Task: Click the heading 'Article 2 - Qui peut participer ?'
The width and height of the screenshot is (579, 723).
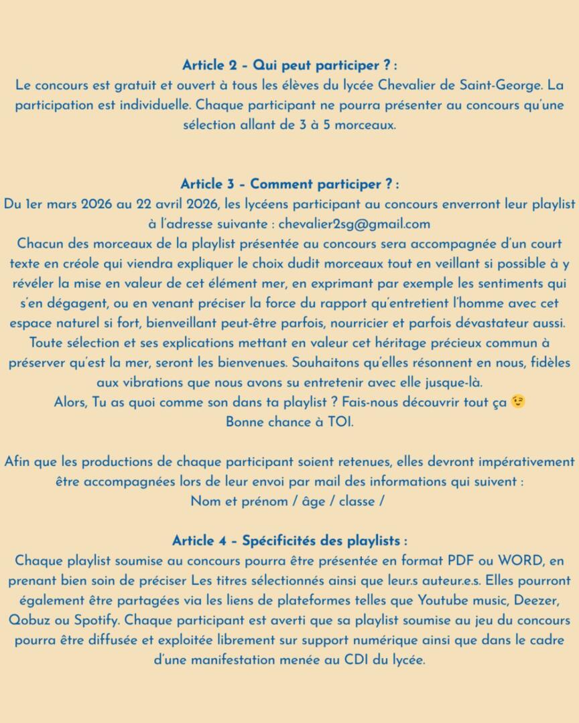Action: point(289,66)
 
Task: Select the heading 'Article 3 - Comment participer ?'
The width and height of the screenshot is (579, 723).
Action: point(289,184)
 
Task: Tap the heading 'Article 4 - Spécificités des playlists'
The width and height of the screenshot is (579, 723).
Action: point(289,540)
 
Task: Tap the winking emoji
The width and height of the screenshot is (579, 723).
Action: point(518,402)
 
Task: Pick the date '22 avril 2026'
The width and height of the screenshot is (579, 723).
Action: point(171,204)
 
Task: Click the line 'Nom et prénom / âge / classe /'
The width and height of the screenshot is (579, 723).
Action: point(289,501)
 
